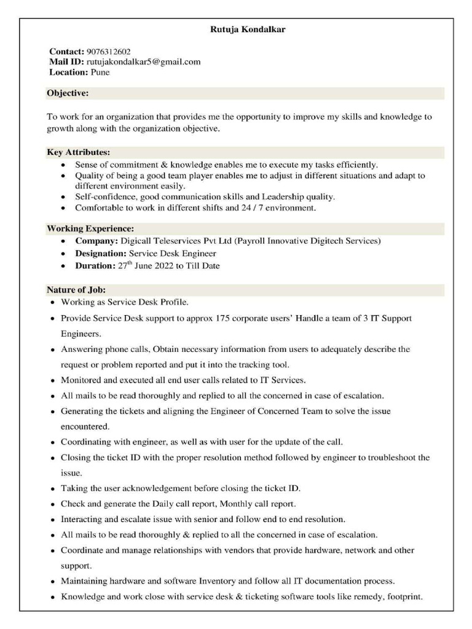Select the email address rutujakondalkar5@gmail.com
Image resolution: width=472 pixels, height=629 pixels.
(143, 62)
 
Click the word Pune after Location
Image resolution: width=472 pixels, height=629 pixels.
(100, 72)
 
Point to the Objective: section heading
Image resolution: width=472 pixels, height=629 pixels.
(68, 93)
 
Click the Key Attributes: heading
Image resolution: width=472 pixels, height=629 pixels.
(79, 152)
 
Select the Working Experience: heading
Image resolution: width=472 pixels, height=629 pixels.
(90, 229)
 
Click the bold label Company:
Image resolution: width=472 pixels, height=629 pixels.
(96, 241)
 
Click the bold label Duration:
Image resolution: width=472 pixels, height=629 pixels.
(95, 266)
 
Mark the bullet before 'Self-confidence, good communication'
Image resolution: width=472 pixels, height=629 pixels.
(65, 197)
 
